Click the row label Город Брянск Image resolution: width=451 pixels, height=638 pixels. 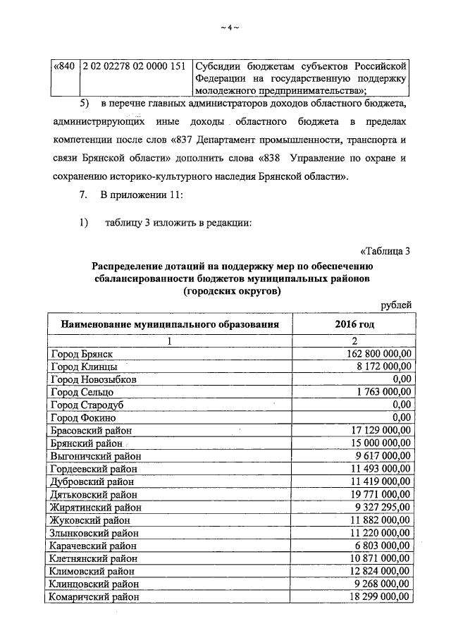pos(82,354)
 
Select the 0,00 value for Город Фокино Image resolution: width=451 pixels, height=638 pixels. pos(401,417)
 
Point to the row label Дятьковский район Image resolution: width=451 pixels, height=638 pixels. pos(91,494)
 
